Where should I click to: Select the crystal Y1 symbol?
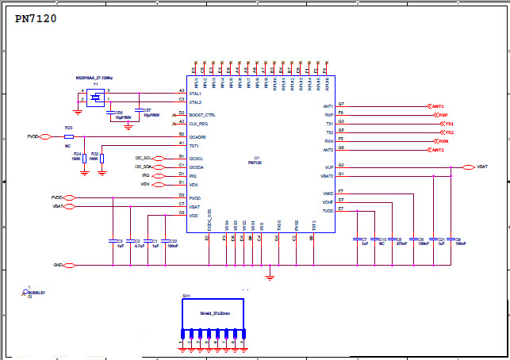tap(95, 98)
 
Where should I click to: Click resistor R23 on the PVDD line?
tap(69, 136)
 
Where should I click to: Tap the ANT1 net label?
tap(436, 105)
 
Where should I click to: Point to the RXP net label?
tap(443, 115)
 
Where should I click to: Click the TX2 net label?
tap(449, 132)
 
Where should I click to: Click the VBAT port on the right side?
tap(482, 167)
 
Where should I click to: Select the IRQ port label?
tap(146, 175)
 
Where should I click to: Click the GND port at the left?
tap(58, 265)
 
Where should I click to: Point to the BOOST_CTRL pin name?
tap(202, 115)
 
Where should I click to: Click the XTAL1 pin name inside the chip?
tap(195, 94)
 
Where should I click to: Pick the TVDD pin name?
tap(328, 210)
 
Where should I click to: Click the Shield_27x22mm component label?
tap(215, 313)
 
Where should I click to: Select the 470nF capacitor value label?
tap(402, 243)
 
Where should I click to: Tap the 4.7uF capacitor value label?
tap(138, 246)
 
